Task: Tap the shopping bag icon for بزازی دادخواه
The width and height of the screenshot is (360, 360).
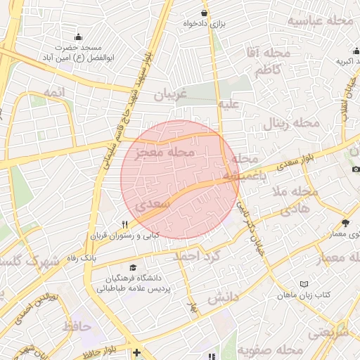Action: click(204, 13)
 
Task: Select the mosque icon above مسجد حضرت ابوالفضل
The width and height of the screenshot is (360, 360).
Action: click(78, 37)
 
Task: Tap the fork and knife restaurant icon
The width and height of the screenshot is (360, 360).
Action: click(124, 224)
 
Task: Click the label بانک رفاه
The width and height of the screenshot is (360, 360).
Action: click(82, 257)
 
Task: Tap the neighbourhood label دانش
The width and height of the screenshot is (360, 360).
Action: click(224, 297)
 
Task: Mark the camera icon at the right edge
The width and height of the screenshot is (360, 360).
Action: click(356, 169)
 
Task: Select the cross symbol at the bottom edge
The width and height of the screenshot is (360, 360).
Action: click(136, 352)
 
